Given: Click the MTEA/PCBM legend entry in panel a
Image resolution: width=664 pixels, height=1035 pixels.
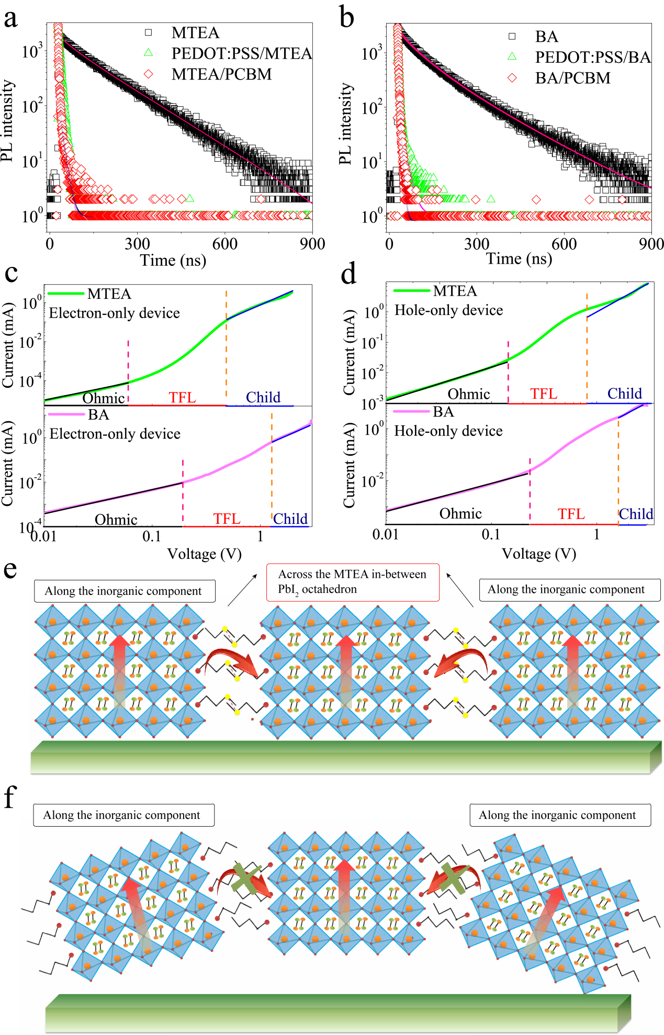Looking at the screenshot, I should [221, 74].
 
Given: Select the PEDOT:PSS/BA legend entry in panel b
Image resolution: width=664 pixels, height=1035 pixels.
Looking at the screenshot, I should [592, 57].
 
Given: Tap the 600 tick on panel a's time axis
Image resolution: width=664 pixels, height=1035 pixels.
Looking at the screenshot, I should [224, 244].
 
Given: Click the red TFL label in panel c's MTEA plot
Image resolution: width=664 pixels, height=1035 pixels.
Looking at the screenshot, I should [182, 398].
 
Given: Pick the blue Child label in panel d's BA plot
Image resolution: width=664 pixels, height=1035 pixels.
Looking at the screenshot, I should [636, 514].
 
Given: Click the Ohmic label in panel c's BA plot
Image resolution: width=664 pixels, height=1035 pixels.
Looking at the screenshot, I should [116, 519].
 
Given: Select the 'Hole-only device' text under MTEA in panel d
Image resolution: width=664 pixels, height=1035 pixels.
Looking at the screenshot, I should [448, 310].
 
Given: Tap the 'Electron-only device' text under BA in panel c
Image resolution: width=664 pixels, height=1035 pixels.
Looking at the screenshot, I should [115, 434].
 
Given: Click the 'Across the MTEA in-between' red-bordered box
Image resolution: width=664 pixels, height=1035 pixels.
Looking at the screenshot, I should [353, 582].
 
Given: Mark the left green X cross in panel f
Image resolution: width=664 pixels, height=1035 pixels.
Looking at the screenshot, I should [246, 879].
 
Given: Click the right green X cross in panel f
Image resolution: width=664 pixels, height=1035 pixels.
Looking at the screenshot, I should [453, 878].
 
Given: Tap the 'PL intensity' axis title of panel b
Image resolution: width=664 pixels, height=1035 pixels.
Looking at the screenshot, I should [346, 123].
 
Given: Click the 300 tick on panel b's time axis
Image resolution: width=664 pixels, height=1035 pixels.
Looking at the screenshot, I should [476, 244].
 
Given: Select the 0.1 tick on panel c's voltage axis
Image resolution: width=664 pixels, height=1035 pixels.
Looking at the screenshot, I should [151, 536].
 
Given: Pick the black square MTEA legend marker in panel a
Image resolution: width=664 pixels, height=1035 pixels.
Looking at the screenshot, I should [149, 32].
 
